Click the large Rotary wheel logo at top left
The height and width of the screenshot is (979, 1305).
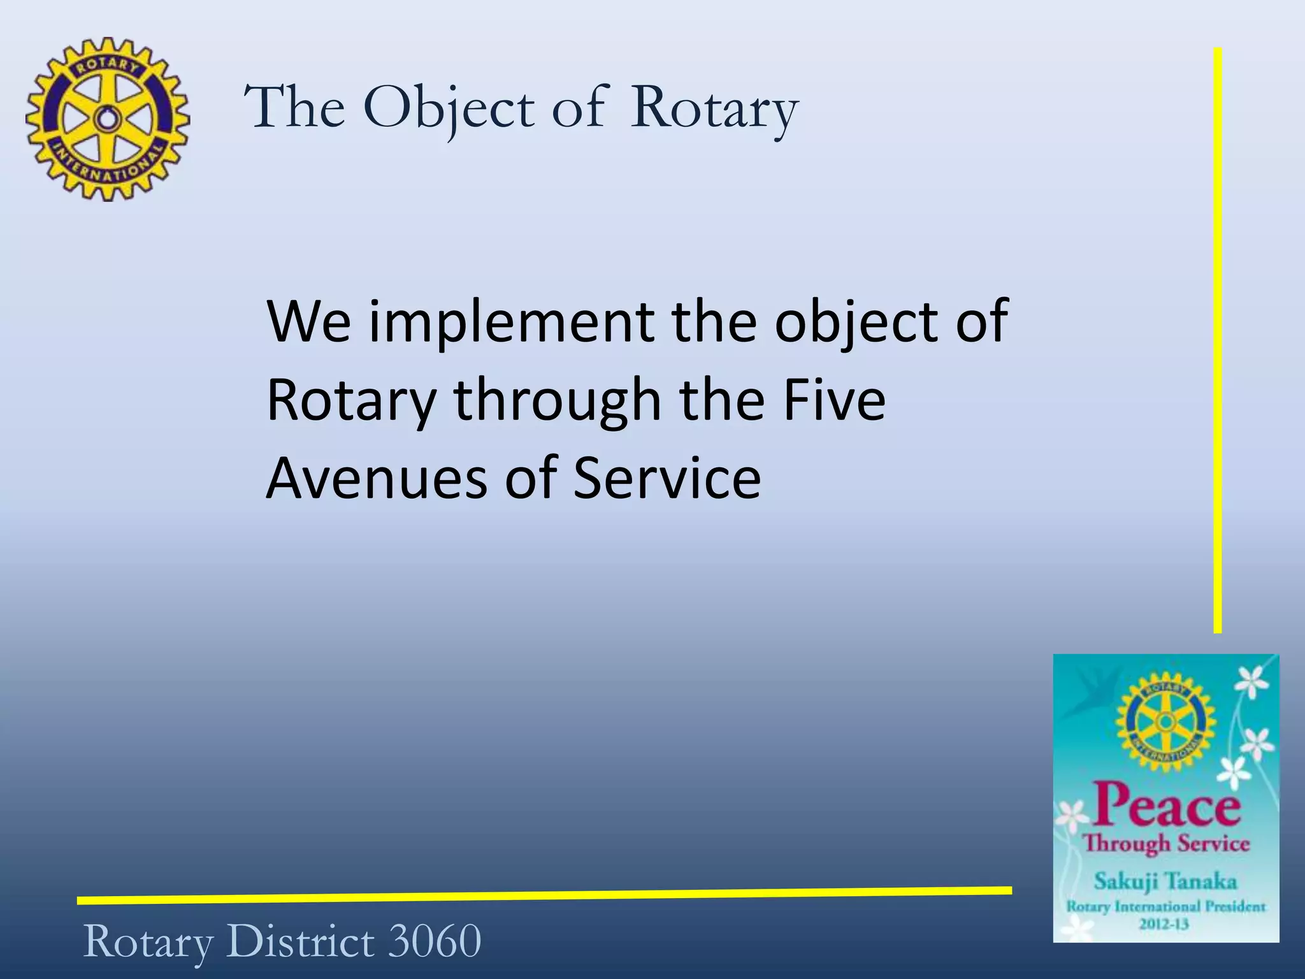click(x=108, y=119)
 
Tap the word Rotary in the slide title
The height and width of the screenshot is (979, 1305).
click(x=714, y=108)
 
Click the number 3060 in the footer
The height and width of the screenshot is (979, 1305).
click(x=435, y=941)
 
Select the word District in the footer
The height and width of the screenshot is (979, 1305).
click(x=300, y=941)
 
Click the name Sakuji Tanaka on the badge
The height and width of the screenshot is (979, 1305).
click(x=1165, y=881)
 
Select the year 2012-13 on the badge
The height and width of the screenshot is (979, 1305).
click(x=1164, y=924)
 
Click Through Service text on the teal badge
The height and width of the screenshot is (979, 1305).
click(x=1167, y=843)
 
